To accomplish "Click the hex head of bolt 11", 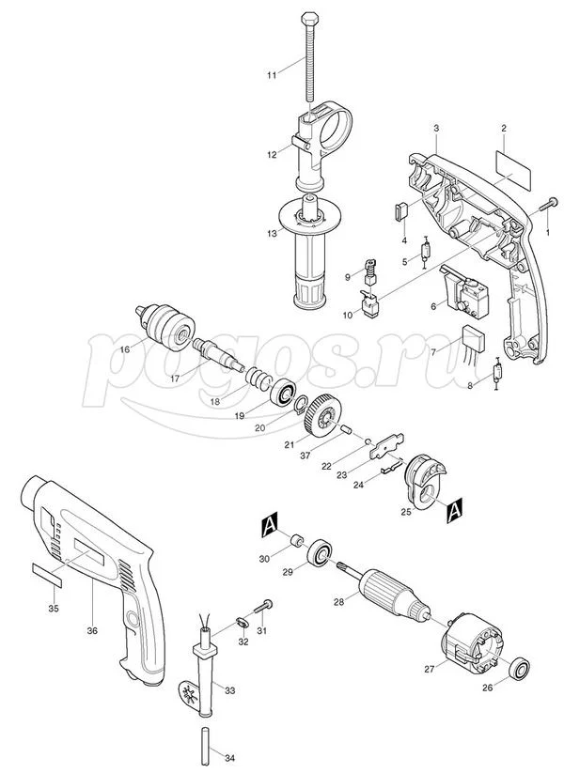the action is click(x=308, y=18).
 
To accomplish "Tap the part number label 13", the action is click(x=273, y=234).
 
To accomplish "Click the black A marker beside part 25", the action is click(x=454, y=510).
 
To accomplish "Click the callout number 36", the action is click(x=92, y=630).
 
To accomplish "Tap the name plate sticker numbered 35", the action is click(x=47, y=574).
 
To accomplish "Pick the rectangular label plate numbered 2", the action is click(x=513, y=170).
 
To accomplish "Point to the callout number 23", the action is click(x=341, y=475).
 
